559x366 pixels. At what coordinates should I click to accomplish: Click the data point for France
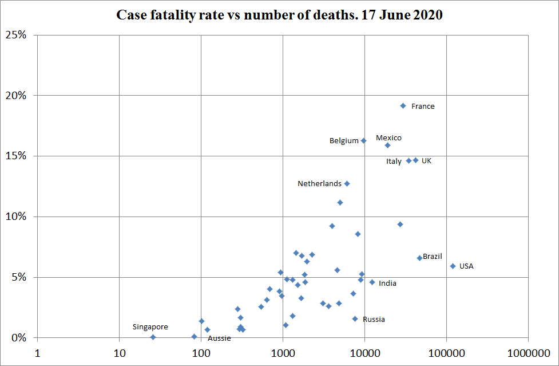pyautogui.click(x=403, y=106)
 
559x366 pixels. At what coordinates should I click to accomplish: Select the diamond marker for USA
pyautogui.click(x=453, y=266)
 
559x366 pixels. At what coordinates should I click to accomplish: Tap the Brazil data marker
pyautogui.click(x=419, y=258)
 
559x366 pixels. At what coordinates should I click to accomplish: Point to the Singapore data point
pyautogui.click(x=153, y=337)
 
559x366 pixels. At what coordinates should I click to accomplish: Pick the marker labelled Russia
pyautogui.click(x=355, y=319)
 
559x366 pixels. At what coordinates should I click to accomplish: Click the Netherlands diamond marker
pyautogui.click(x=347, y=184)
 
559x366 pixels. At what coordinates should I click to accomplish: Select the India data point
pyautogui.click(x=372, y=282)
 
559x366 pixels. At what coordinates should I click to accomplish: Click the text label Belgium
pyautogui.click(x=344, y=141)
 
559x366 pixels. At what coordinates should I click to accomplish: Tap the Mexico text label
pyautogui.click(x=388, y=138)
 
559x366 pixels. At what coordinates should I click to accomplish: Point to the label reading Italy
pyautogui.click(x=394, y=162)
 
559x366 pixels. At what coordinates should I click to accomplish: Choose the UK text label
pyautogui.click(x=426, y=161)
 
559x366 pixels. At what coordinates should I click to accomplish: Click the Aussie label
pyautogui.click(x=219, y=339)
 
